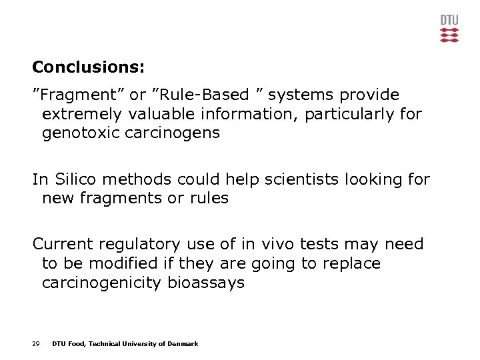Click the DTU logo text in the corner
coord(449,20)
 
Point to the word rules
coord(206,198)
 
